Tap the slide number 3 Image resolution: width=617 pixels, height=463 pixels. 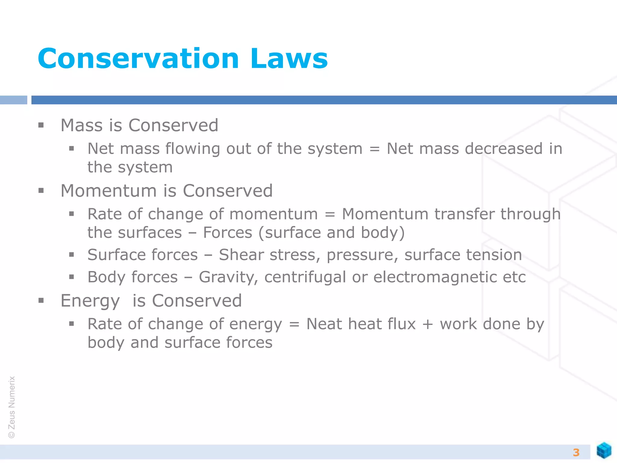click(576, 452)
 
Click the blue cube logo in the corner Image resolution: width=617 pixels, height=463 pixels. click(604, 450)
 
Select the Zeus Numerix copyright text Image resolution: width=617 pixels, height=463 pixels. click(12, 407)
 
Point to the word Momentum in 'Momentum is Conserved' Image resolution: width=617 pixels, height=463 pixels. click(108, 191)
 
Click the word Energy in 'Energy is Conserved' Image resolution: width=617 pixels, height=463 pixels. click(90, 301)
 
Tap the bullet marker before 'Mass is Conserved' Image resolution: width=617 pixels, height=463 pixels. click(41, 125)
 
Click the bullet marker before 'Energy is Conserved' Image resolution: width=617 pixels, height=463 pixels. click(41, 301)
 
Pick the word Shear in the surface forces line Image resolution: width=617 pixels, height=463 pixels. click(241, 255)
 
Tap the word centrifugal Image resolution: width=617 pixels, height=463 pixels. click(305, 277)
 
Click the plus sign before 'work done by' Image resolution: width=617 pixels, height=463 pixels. click(428, 325)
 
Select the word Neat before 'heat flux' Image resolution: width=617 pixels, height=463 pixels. click(324, 324)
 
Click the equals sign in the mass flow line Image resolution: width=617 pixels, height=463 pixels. click(374, 149)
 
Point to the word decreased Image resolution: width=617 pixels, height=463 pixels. click(504, 149)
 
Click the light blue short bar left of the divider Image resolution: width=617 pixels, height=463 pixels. click(14, 100)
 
